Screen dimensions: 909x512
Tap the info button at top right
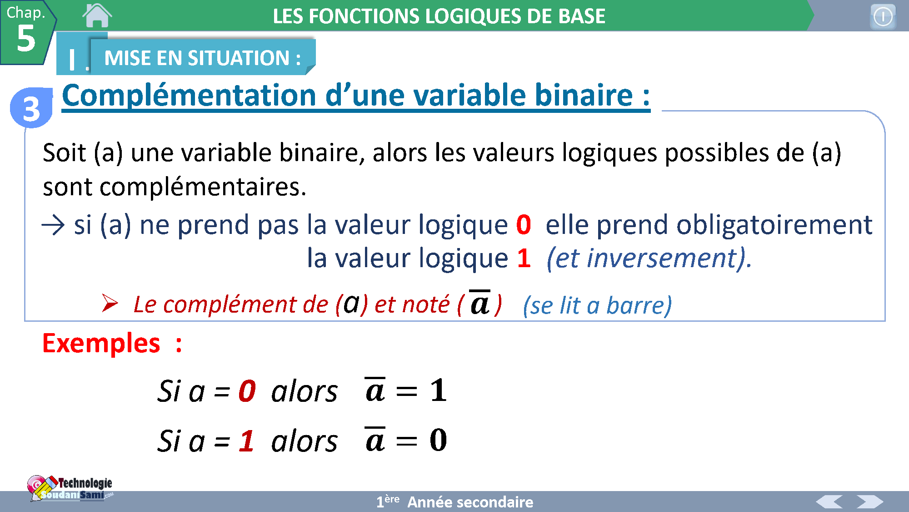[x=883, y=17]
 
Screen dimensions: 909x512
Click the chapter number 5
[x=26, y=38]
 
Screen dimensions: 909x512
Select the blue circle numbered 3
[x=31, y=108]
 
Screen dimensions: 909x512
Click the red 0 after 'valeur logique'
[x=524, y=224]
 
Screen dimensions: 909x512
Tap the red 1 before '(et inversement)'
[x=524, y=258]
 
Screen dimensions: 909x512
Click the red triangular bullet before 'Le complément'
[x=110, y=303]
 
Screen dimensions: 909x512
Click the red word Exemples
[x=101, y=343]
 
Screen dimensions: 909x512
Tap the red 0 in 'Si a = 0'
[x=247, y=391]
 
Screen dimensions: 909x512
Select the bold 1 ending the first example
[x=439, y=390]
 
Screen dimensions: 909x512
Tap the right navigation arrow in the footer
[x=870, y=502]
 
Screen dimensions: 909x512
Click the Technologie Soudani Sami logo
[x=70, y=488]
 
